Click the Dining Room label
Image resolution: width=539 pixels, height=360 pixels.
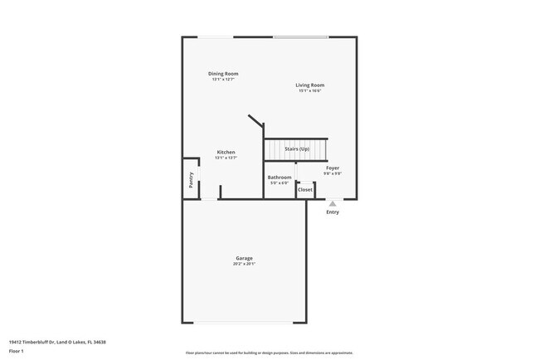[223, 74]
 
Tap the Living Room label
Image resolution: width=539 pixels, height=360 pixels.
[310, 85]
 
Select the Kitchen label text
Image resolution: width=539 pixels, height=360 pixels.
[226, 152]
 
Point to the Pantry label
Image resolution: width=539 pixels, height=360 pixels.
[191, 179]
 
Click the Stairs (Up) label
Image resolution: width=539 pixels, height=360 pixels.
[297, 148]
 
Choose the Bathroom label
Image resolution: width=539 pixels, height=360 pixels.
[279, 178]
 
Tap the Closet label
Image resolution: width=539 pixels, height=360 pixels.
[305, 189]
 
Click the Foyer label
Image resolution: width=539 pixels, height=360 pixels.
[332, 168]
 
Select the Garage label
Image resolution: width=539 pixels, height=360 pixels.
[244, 258]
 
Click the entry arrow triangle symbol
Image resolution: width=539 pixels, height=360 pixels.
[333, 203]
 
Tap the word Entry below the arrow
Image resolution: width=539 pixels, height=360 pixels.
[333, 212]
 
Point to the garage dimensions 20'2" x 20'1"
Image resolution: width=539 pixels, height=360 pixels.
[244, 264]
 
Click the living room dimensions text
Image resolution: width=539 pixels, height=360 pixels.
[310, 90]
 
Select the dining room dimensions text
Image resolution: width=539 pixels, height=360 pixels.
[223, 80]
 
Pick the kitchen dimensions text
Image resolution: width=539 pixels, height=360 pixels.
[226, 158]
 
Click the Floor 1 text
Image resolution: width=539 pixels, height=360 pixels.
[17, 351]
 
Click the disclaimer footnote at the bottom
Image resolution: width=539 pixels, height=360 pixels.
[269, 353]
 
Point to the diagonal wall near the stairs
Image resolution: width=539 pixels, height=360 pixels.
[255, 121]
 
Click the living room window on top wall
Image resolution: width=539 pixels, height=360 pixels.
[300, 36]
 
